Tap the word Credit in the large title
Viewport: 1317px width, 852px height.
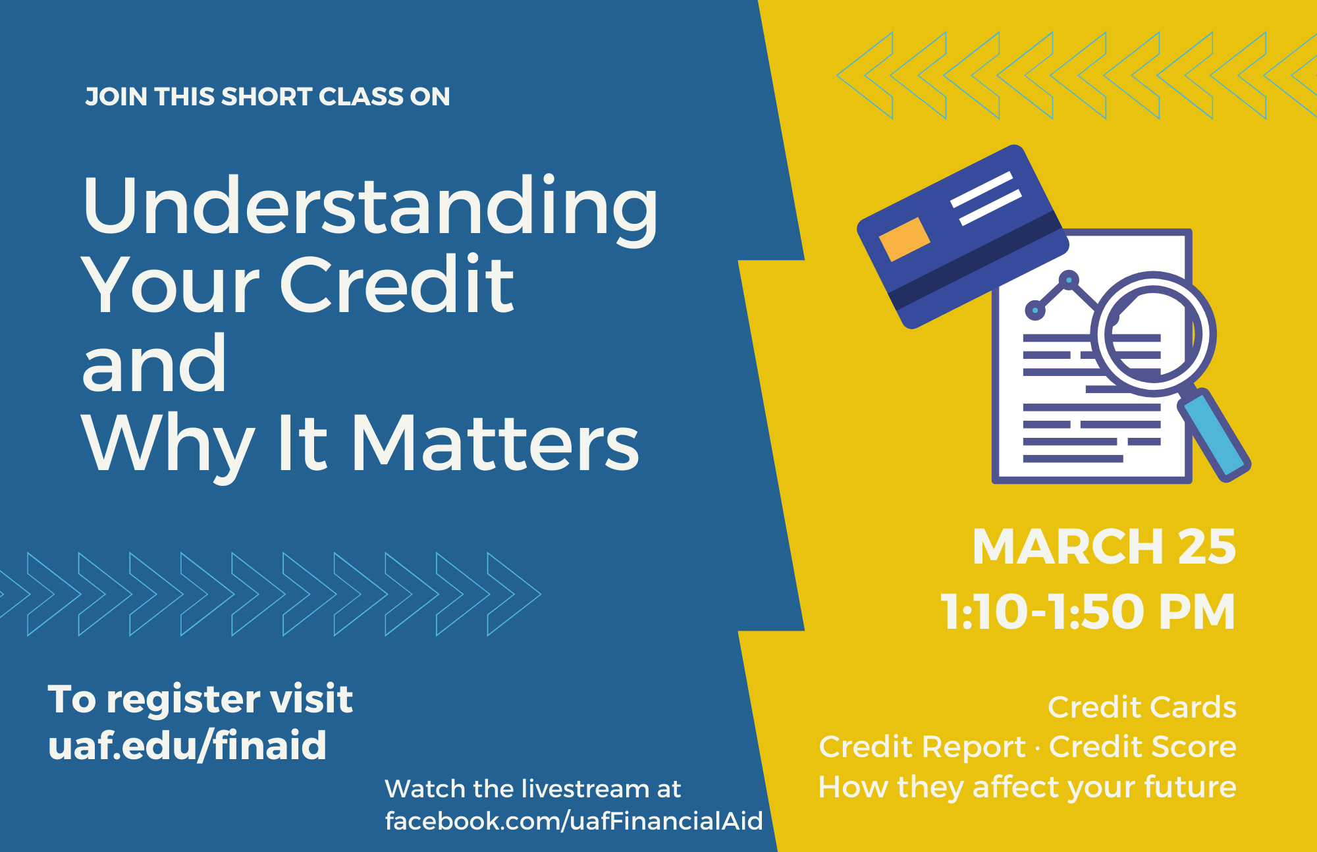coord(397,284)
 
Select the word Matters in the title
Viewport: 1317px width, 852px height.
coord(495,442)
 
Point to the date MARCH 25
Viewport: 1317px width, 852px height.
coord(1104,546)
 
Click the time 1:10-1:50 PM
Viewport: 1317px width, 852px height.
coord(1088,612)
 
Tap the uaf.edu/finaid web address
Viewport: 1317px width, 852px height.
coord(187,745)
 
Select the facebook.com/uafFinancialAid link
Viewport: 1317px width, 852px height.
coord(574,821)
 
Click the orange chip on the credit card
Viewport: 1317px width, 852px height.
coord(904,239)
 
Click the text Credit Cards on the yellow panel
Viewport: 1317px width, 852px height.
coord(1142,707)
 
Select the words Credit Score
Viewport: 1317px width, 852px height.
coord(1142,747)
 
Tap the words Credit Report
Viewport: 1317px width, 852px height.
coord(922,747)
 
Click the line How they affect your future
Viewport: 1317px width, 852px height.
coord(1027,787)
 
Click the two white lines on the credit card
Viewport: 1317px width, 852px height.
coord(986,198)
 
